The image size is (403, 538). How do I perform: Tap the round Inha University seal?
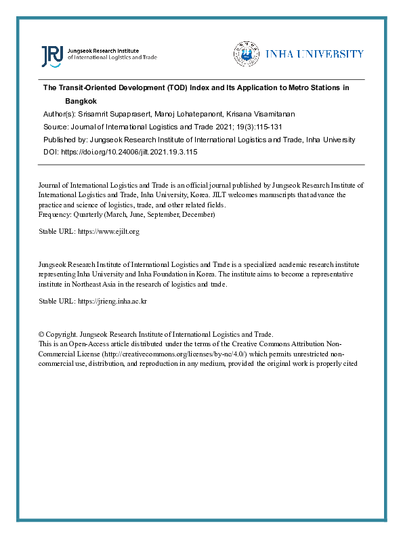pos(247,54)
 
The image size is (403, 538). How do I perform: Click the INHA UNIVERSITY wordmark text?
pos(314,54)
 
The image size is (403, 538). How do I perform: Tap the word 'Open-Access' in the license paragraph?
pos(87,344)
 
